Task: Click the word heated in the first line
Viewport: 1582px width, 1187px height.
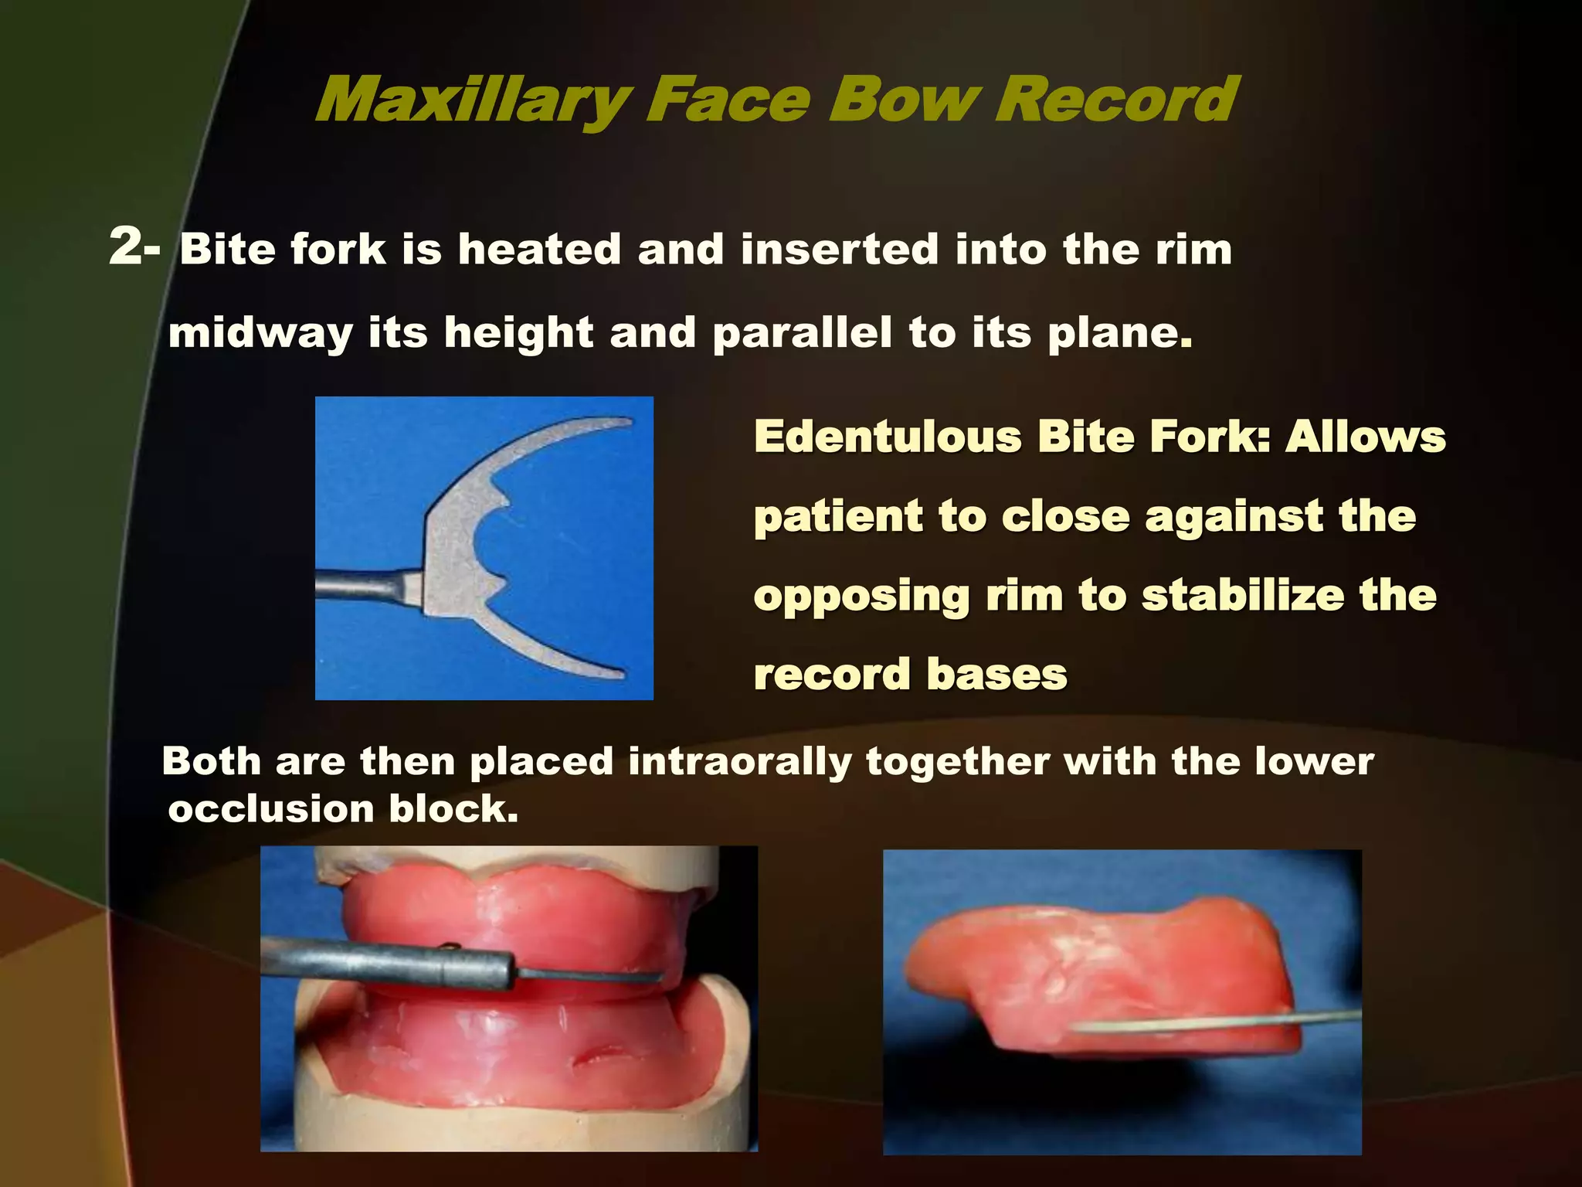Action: (539, 250)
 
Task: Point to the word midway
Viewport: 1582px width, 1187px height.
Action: (260, 334)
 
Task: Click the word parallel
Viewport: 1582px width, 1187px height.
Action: (802, 334)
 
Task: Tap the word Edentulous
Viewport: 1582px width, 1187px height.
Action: (888, 437)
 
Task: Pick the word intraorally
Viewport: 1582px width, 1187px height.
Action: (739, 762)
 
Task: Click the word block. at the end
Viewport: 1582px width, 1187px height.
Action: (453, 810)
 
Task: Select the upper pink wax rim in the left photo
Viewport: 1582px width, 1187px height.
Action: (510, 920)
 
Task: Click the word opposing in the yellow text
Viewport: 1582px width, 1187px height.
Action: (861, 597)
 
